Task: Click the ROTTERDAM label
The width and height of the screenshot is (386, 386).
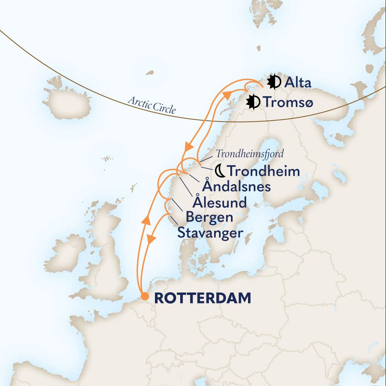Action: tap(202, 298)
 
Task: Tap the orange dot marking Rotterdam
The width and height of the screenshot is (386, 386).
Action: tap(144, 297)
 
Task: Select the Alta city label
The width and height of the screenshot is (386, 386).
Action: tap(298, 82)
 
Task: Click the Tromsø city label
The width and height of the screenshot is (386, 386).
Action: tap(288, 102)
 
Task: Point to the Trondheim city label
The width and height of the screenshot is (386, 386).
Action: tap(264, 171)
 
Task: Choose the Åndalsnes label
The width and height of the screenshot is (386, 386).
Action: tap(236, 186)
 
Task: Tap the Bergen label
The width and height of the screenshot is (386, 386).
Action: tap(209, 218)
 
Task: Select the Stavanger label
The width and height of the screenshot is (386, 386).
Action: tap(210, 233)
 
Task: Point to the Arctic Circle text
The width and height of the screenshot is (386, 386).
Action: tap(152, 105)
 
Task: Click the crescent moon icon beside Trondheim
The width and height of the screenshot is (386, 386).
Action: tap(220, 171)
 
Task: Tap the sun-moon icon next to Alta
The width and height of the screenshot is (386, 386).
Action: tap(274, 82)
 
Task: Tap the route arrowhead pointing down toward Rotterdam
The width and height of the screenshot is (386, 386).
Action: tap(151, 239)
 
